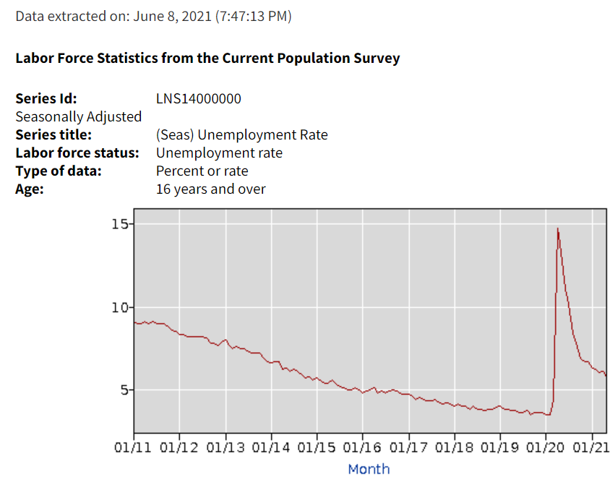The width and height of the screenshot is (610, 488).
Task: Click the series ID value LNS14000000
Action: click(x=198, y=98)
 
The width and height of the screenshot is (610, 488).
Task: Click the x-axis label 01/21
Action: click(x=591, y=448)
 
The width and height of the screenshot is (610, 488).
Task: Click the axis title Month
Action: click(x=369, y=469)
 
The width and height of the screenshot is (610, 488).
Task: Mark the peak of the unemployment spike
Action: click(x=557, y=228)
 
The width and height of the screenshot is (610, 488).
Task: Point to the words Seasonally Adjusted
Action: click(x=78, y=116)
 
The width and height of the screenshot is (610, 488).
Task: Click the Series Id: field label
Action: click(x=46, y=98)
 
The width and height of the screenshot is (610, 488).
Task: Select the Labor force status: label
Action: click(x=77, y=153)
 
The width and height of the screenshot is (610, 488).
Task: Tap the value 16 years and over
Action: click(x=210, y=189)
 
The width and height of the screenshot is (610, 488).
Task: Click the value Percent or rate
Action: click(x=202, y=171)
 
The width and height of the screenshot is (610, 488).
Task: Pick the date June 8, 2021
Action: click(x=172, y=16)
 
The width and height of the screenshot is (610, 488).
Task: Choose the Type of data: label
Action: click(x=59, y=171)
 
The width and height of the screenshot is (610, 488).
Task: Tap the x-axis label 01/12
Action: click(x=179, y=448)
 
